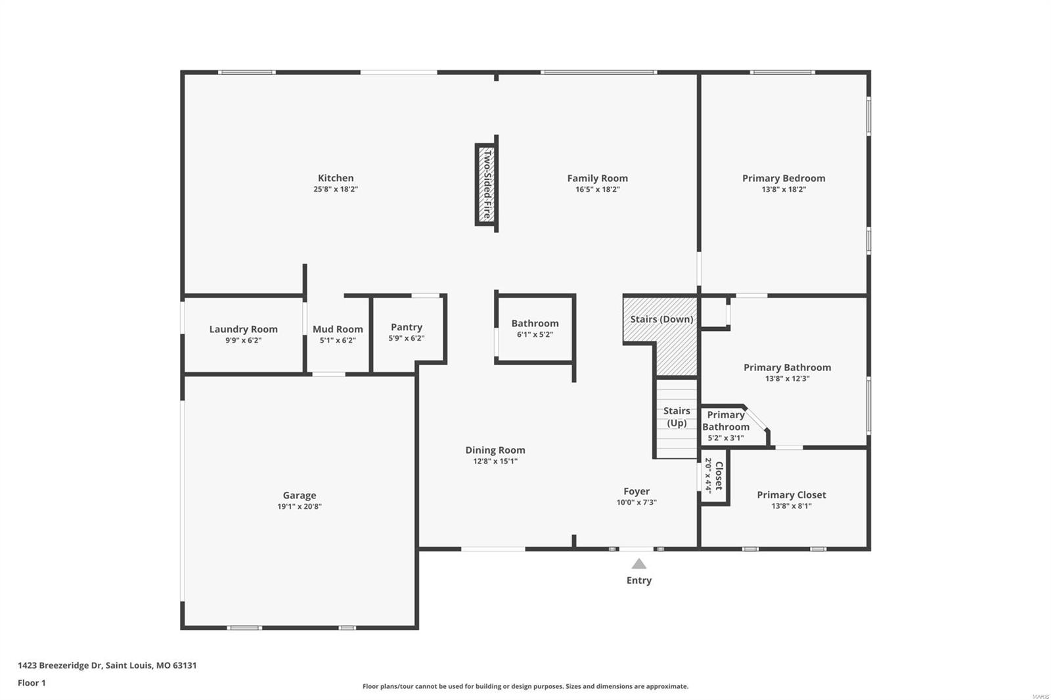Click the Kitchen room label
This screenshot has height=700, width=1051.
click(x=336, y=178)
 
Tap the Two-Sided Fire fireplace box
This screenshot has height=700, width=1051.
click(x=486, y=185)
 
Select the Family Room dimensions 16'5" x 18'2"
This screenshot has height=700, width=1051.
click(x=597, y=190)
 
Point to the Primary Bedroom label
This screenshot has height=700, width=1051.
click(x=784, y=178)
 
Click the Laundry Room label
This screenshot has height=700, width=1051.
click(x=243, y=329)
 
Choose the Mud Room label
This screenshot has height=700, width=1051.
click(x=338, y=329)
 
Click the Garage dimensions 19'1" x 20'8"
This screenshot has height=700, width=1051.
click(x=300, y=507)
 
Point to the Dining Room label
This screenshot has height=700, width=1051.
click(x=495, y=450)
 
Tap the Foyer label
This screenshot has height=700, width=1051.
click(x=637, y=491)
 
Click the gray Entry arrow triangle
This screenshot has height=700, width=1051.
click(x=639, y=564)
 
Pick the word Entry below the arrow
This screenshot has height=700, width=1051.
click(x=639, y=580)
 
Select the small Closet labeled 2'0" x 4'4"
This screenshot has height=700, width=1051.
click(x=714, y=475)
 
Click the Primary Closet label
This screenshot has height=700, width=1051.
click(x=792, y=494)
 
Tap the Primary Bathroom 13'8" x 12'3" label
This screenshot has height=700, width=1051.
click(x=787, y=368)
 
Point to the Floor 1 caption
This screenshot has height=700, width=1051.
click(x=32, y=683)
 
